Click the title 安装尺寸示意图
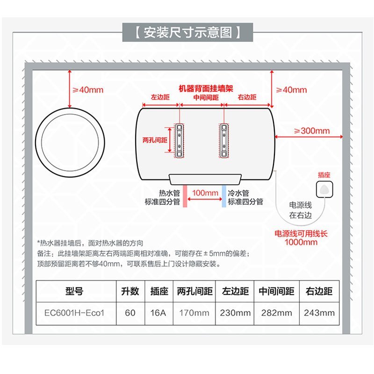coord(187,33)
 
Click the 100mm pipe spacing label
coord(205,193)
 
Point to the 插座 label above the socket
coord(324,174)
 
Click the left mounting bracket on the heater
coord(180,140)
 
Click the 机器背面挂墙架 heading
coord(206,88)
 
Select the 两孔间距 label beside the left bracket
coord(155,140)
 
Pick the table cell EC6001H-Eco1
coord(74,312)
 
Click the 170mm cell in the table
coord(194,312)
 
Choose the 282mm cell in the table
coord(276,312)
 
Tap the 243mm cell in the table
coord(319,312)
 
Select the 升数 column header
coord(130,291)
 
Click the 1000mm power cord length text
coord(301,242)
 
